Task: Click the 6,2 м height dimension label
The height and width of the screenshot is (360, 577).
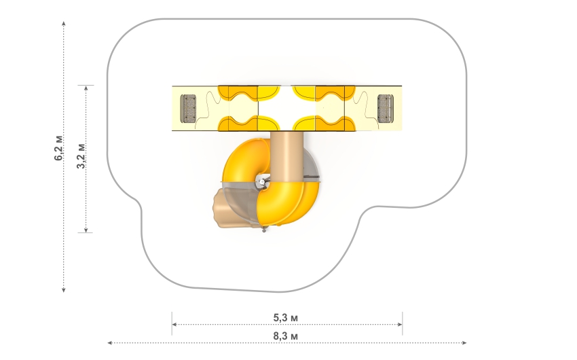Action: click(x=58, y=148)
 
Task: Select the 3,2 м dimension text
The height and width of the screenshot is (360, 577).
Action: click(x=81, y=156)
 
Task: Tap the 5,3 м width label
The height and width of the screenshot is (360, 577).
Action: click(x=286, y=317)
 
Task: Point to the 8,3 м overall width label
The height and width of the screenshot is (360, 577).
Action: click(x=286, y=336)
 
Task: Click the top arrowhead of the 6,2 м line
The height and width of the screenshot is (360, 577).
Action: click(x=64, y=24)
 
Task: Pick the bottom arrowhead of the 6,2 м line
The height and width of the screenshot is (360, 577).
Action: click(x=64, y=290)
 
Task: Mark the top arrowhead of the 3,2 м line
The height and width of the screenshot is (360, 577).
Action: click(x=86, y=88)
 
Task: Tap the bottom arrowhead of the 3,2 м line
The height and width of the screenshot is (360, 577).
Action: click(x=86, y=230)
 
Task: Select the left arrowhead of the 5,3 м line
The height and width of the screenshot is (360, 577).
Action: click(x=174, y=324)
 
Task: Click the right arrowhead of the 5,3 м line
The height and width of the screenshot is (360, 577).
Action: click(x=400, y=324)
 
